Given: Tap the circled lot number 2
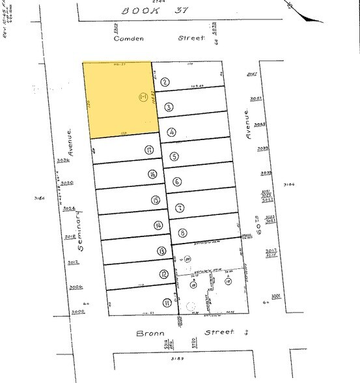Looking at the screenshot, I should click(165, 81).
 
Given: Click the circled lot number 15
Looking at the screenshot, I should click(154, 200).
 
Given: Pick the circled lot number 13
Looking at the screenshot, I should click(160, 251).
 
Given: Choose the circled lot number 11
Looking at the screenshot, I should click(167, 302).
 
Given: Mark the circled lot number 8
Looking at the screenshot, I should click(183, 233).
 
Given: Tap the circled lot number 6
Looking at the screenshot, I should click(176, 182).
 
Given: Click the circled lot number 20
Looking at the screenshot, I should click(187, 259).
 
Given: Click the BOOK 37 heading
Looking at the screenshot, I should click(151, 10).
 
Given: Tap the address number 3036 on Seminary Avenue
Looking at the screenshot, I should click(63, 159).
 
